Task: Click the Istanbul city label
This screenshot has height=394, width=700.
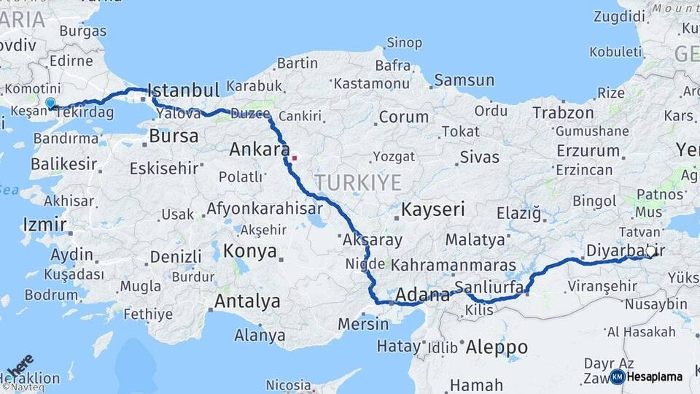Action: click(x=183, y=91)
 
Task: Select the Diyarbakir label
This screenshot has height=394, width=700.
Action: click(x=616, y=251)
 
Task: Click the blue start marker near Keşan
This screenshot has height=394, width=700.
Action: click(x=50, y=104)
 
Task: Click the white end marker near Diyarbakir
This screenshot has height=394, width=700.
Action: click(x=651, y=250)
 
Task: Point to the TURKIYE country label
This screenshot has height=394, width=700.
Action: click(x=358, y=182)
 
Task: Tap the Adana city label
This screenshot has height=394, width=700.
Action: click(x=422, y=295)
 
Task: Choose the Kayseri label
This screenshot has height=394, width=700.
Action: click(x=432, y=210)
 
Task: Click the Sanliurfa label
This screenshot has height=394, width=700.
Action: click(x=489, y=286)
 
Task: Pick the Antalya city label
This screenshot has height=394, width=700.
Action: click(x=247, y=301)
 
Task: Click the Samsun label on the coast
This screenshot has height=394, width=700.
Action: click(x=464, y=80)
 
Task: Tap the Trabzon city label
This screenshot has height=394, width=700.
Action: click(x=563, y=113)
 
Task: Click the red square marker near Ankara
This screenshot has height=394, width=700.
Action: click(x=295, y=157)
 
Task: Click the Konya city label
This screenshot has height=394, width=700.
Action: click(x=250, y=252)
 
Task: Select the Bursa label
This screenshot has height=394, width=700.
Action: click(x=173, y=136)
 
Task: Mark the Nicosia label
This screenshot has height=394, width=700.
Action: click(x=288, y=385)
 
